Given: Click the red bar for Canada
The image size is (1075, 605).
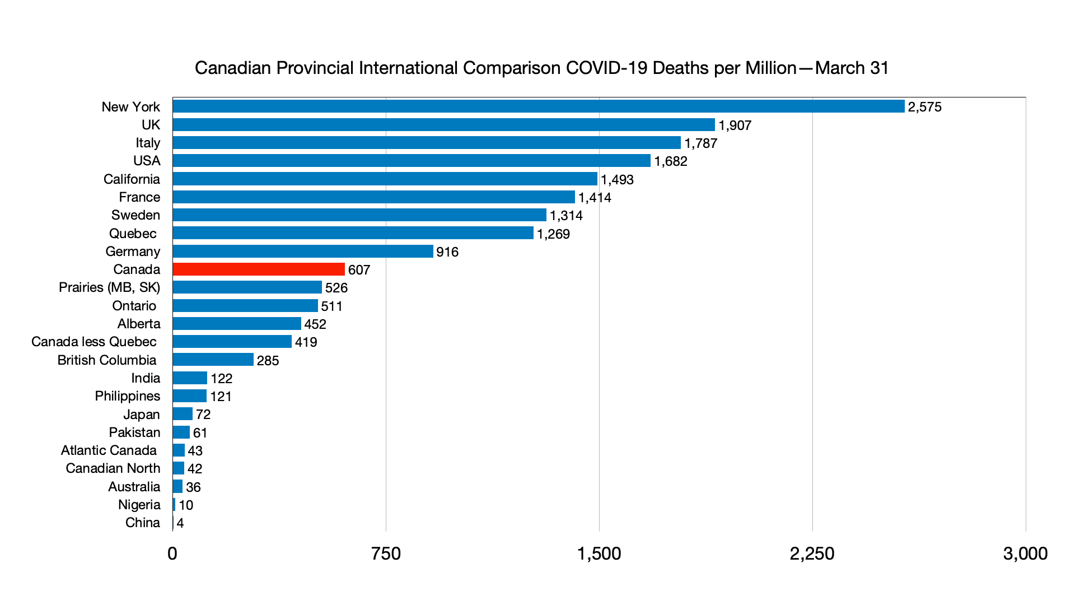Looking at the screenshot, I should pyautogui.click(x=259, y=269).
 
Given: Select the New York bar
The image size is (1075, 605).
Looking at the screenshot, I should pyautogui.click(x=539, y=106).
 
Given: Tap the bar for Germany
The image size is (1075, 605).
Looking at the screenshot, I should pyautogui.click(x=303, y=252).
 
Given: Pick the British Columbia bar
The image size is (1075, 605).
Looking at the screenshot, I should pyautogui.click(x=213, y=360).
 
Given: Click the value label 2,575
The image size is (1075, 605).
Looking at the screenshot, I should pyautogui.click(x=924, y=107).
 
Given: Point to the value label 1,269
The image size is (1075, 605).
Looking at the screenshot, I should pyautogui.click(x=553, y=234).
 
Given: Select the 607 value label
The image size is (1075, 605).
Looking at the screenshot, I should pyautogui.click(x=359, y=270).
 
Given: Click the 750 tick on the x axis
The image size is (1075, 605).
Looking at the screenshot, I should pyautogui.click(x=386, y=553).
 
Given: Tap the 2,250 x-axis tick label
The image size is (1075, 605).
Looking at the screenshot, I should pyautogui.click(x=812, y=553).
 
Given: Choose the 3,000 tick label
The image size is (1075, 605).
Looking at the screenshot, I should pyautogui.click(x=1025, y=553).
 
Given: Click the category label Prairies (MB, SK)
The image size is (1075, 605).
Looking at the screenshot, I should pyautogui.click(x=109, y=287).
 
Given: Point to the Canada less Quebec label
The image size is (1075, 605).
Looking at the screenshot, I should pyautogui.click(x=94, y=342).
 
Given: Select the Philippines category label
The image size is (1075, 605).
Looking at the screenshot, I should pyautogui.click(x=127, y=396).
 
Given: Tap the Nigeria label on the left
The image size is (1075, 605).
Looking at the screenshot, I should pyautogui.click(x=139, y=505).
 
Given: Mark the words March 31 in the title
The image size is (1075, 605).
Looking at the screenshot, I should pyautogui.click(x=852, y=68).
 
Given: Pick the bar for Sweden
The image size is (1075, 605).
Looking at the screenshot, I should pyautogui.click(x=359, y=215).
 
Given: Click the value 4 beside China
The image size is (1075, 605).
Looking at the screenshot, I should pyautogui.click(x=180, y=523).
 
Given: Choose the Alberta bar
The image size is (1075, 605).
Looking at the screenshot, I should pyautogui.click(x=237, y=324).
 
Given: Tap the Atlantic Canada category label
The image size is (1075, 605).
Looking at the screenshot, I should pyautogui.click(x=109, y=450).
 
